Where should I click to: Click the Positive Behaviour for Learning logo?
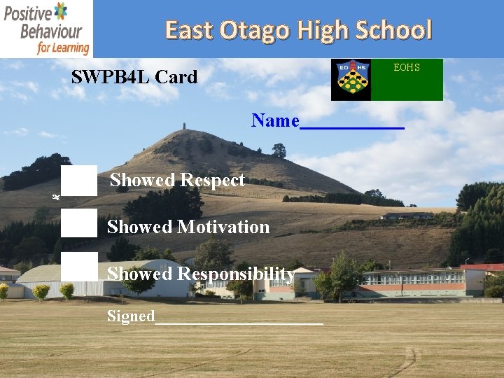point(46,29)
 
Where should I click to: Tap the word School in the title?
point(393,30)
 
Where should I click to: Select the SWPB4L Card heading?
point(134,77)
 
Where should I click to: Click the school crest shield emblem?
point(351,80)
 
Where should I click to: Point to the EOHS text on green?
point(407,67)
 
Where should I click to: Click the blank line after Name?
point(352,126)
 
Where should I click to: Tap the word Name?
point(275,121)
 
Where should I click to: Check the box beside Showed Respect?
point(78,181)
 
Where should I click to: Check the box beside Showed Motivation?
point(78,223)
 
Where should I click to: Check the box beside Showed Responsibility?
point(78,267)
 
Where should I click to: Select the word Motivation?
point(223,227)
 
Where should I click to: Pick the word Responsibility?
point(236,273)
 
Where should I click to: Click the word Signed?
point(131,316)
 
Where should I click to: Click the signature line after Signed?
point(239,322)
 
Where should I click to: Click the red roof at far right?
point(483,267)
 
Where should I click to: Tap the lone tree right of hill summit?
point(279,150)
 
